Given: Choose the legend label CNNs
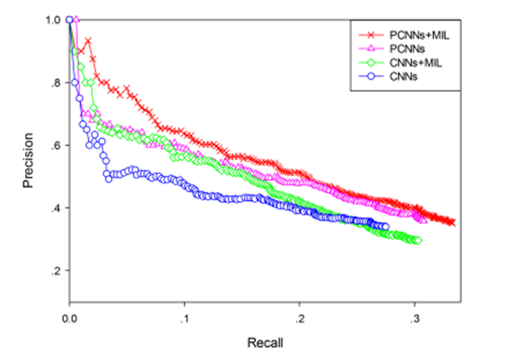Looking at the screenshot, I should [401, 76].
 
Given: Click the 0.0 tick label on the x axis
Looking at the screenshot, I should [69, 318].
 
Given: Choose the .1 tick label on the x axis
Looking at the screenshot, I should [184, 318].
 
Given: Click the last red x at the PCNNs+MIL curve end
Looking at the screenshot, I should [451, 223].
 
